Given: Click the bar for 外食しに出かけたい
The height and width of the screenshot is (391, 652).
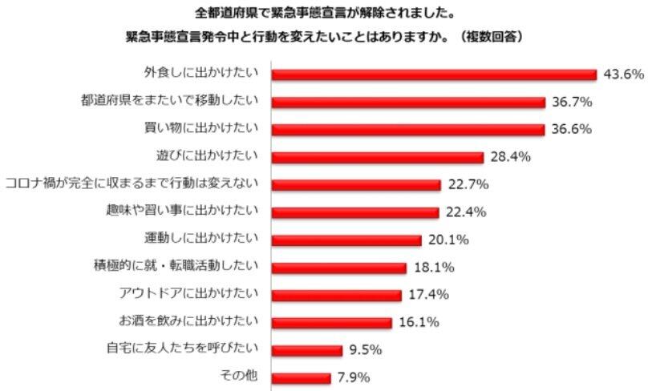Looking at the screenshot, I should pos(434,75).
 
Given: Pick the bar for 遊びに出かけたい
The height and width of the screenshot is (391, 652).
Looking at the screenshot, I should pos(378,157).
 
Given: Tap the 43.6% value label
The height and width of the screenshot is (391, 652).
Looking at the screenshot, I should pos(623,75).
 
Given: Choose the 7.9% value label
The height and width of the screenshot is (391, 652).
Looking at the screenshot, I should pos(352,377).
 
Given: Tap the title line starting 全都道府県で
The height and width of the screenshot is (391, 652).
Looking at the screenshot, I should pos(326,13).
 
